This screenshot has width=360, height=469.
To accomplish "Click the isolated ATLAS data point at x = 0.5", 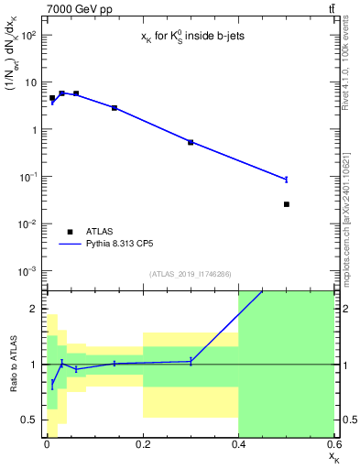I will pos(287,204).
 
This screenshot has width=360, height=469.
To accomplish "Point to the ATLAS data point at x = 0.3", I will pos(191,142).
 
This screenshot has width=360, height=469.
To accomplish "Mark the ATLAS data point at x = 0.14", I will pos(115,108).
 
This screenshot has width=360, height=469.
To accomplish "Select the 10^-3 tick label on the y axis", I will pos(27,271).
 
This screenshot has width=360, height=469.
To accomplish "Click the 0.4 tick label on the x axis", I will pos(238,445).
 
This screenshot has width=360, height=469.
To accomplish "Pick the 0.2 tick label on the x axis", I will pos(142,445).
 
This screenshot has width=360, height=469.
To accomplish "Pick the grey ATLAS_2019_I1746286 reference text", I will pos(191,275).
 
